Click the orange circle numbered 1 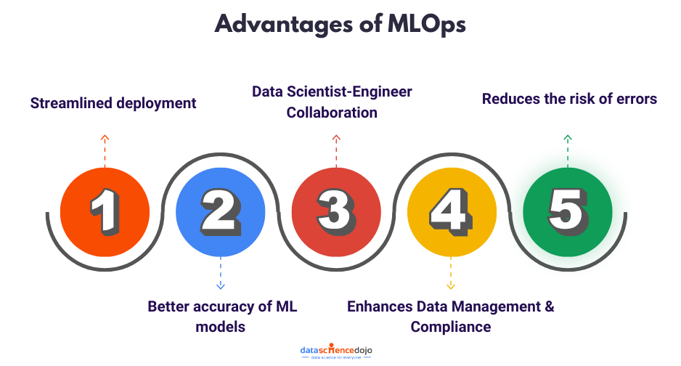point(105,212)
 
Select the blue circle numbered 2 point(221,212)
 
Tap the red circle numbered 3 point(335,212)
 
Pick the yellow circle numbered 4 point(451,212)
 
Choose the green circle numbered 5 point(567,212)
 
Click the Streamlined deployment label point(113,103)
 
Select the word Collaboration point(332,113)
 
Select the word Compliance point(451,327)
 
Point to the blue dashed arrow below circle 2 point(221,274)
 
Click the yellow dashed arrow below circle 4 point(451,274)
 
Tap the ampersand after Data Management point(549,306)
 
